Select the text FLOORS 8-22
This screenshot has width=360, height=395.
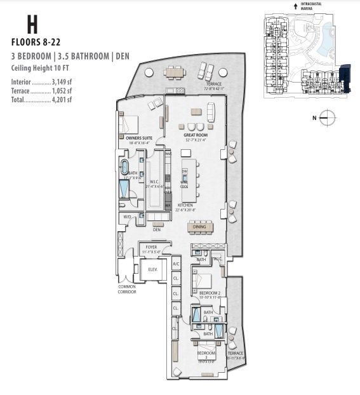36,43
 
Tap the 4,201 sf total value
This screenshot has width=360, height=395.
62,99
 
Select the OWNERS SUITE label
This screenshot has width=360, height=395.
139,137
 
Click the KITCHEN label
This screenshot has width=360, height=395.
185,205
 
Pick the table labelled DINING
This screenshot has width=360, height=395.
200,227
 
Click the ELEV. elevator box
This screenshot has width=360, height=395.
153,269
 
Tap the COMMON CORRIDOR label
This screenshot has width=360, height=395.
127,289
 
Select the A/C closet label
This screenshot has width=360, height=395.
176,264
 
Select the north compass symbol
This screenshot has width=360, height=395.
326,116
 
